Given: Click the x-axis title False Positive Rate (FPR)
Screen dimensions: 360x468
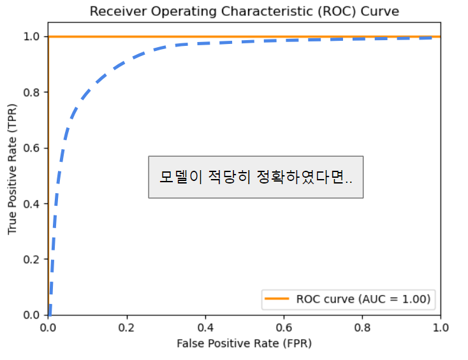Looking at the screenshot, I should pyautogui.click(x=244, y=343).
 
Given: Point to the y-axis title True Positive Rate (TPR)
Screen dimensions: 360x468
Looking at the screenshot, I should pyautogui.click(x=13, y=176).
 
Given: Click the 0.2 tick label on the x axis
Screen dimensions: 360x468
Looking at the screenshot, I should pyautogui.click(x=127, y=328).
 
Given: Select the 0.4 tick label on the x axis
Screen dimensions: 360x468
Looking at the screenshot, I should pyautogui.click(x=205, y=328).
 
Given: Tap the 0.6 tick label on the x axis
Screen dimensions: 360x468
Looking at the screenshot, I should pyautogui.click(x=284, y=328).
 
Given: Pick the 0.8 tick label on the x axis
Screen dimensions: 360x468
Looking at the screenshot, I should pyautogui.click(x=362, y=328).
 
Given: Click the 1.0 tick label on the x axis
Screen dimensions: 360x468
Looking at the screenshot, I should pyautogui.click(x=440, y=328).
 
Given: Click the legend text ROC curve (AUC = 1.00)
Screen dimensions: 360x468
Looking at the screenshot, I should pyautogui.click(x=363, y=299).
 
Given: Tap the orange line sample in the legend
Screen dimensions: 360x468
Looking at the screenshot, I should pyautogui.click(x=278, y=299).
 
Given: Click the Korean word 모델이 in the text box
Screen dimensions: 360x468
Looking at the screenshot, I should pyautogui.click(x=180, y=177).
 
